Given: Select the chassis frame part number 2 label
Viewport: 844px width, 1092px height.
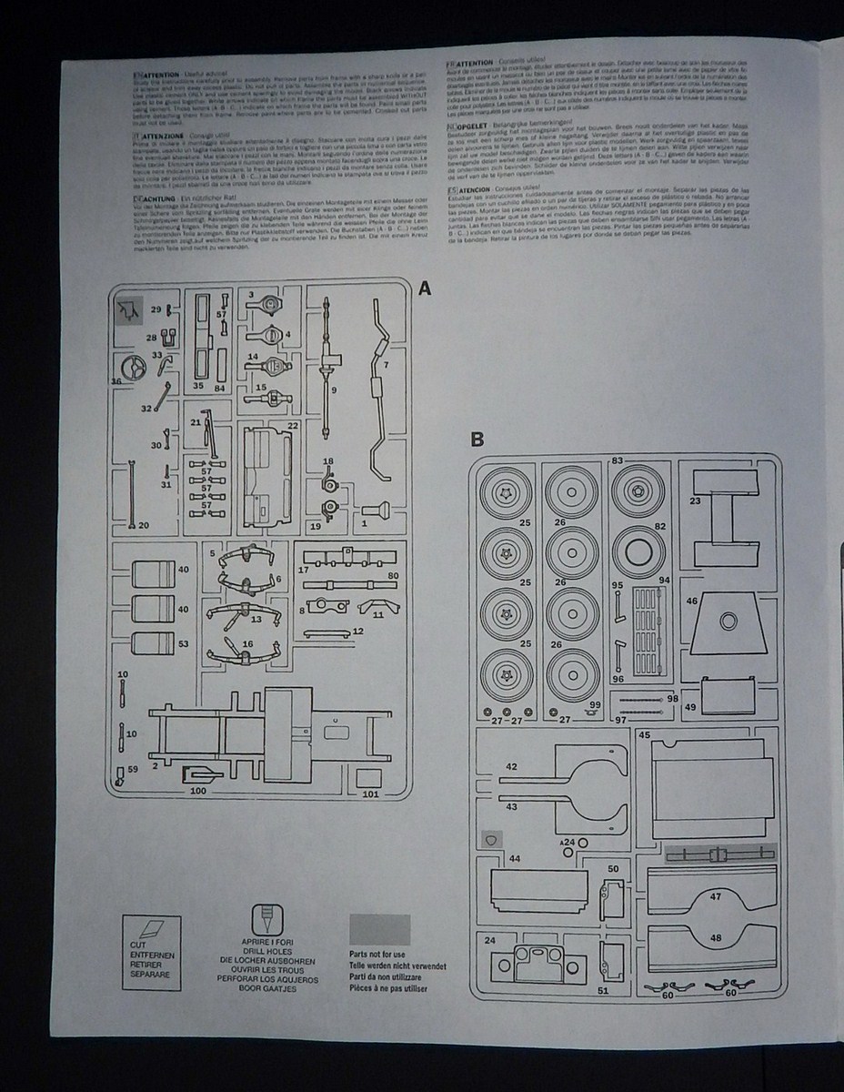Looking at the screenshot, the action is click(156, 767).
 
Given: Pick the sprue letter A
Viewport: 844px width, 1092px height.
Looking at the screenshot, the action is click(424, 288).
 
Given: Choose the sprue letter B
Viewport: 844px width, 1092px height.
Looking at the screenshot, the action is click(477, 440).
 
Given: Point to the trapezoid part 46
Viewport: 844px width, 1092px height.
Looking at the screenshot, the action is click(728, 623).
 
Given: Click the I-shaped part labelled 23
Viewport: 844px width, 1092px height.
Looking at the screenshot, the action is click(727, 520).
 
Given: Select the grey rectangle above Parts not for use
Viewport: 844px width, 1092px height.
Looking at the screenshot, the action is click(379, 929).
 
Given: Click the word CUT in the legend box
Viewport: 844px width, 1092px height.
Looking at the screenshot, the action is click(138, 947).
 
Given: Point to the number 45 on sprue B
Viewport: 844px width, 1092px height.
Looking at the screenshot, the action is click(645, 733).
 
